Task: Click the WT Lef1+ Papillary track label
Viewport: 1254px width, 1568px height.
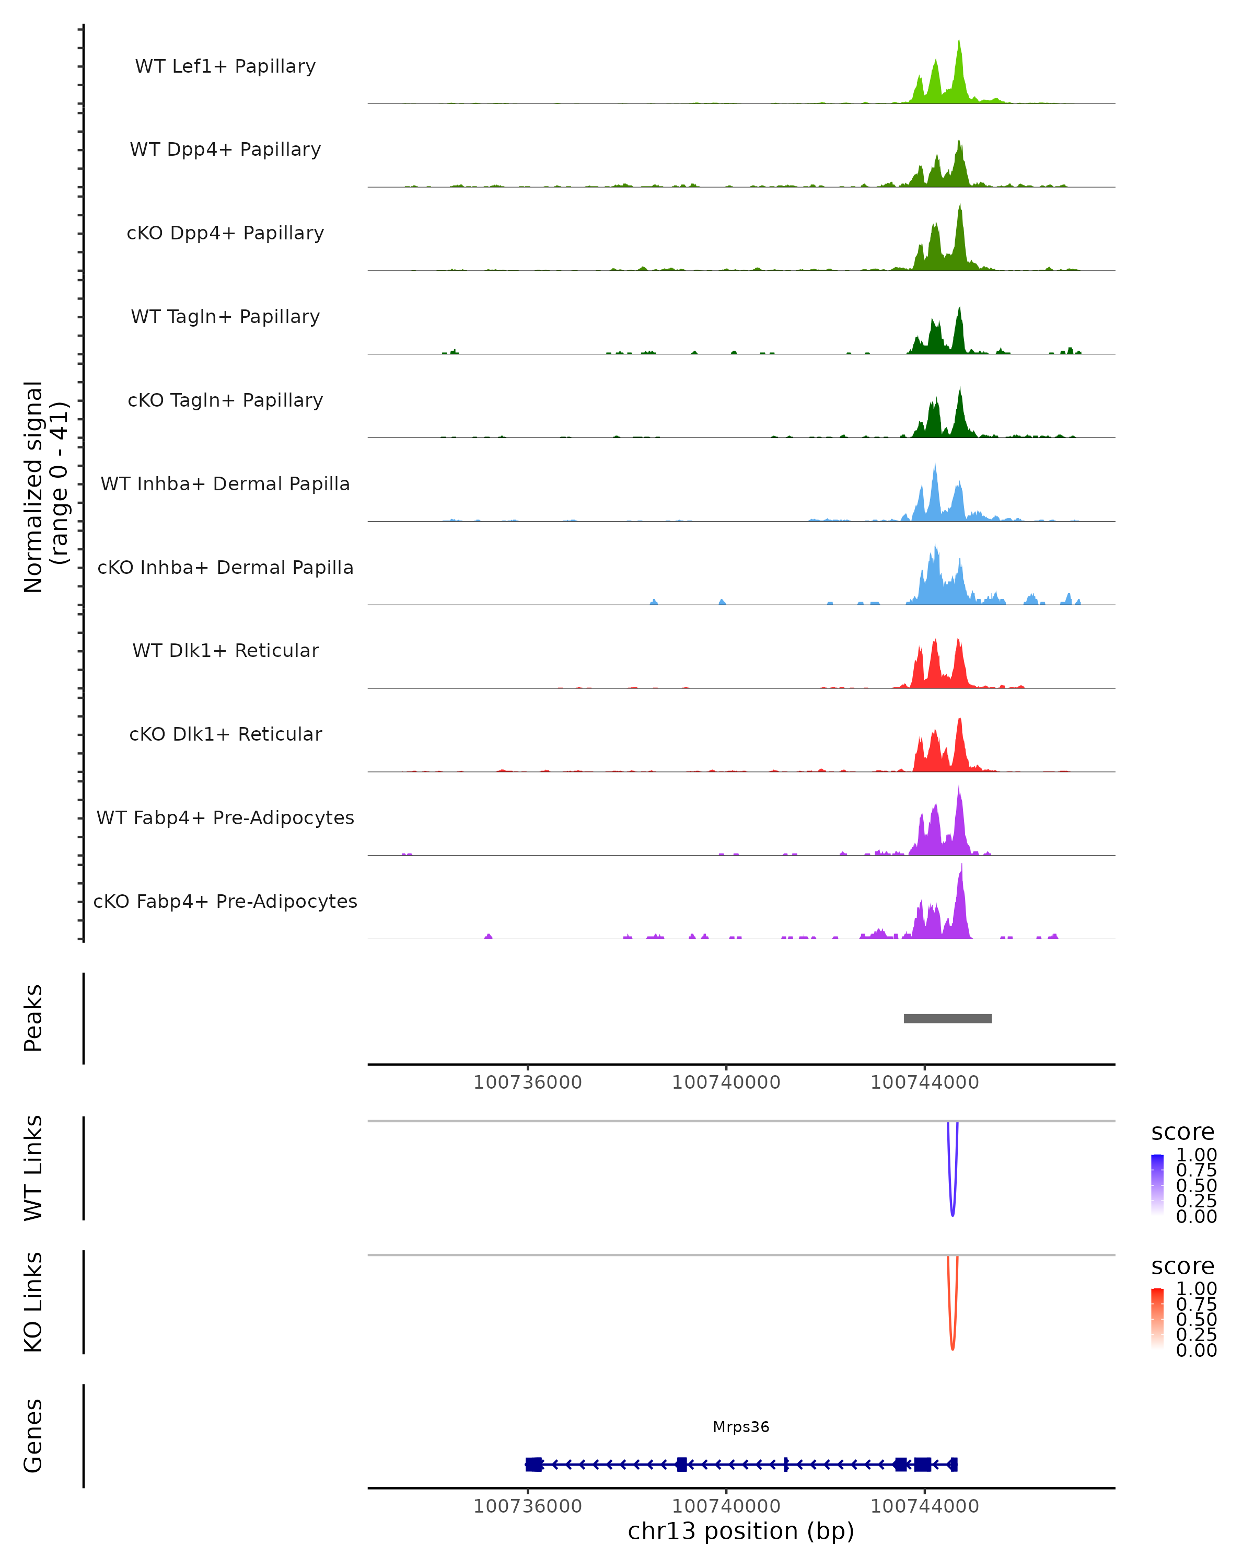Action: point(225,66)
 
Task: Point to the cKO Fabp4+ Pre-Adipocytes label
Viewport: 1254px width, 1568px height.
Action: point(225,901)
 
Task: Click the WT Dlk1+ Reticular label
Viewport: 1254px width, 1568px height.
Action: point(225,651)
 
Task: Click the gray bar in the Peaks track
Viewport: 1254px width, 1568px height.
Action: point(947,1018)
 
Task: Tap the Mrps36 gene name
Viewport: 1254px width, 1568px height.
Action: point(741,1427)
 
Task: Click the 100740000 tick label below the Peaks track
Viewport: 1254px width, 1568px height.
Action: point(726,1082)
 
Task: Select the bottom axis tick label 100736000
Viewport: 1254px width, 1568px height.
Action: point(528,1506)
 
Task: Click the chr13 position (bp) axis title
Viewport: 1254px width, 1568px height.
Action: point(741,1531)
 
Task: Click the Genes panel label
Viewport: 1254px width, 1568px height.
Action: point(33,1436)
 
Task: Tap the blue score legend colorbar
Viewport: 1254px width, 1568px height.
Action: point(1157,1185)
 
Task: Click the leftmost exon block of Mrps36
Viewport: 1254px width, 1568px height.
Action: point(533,1465)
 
